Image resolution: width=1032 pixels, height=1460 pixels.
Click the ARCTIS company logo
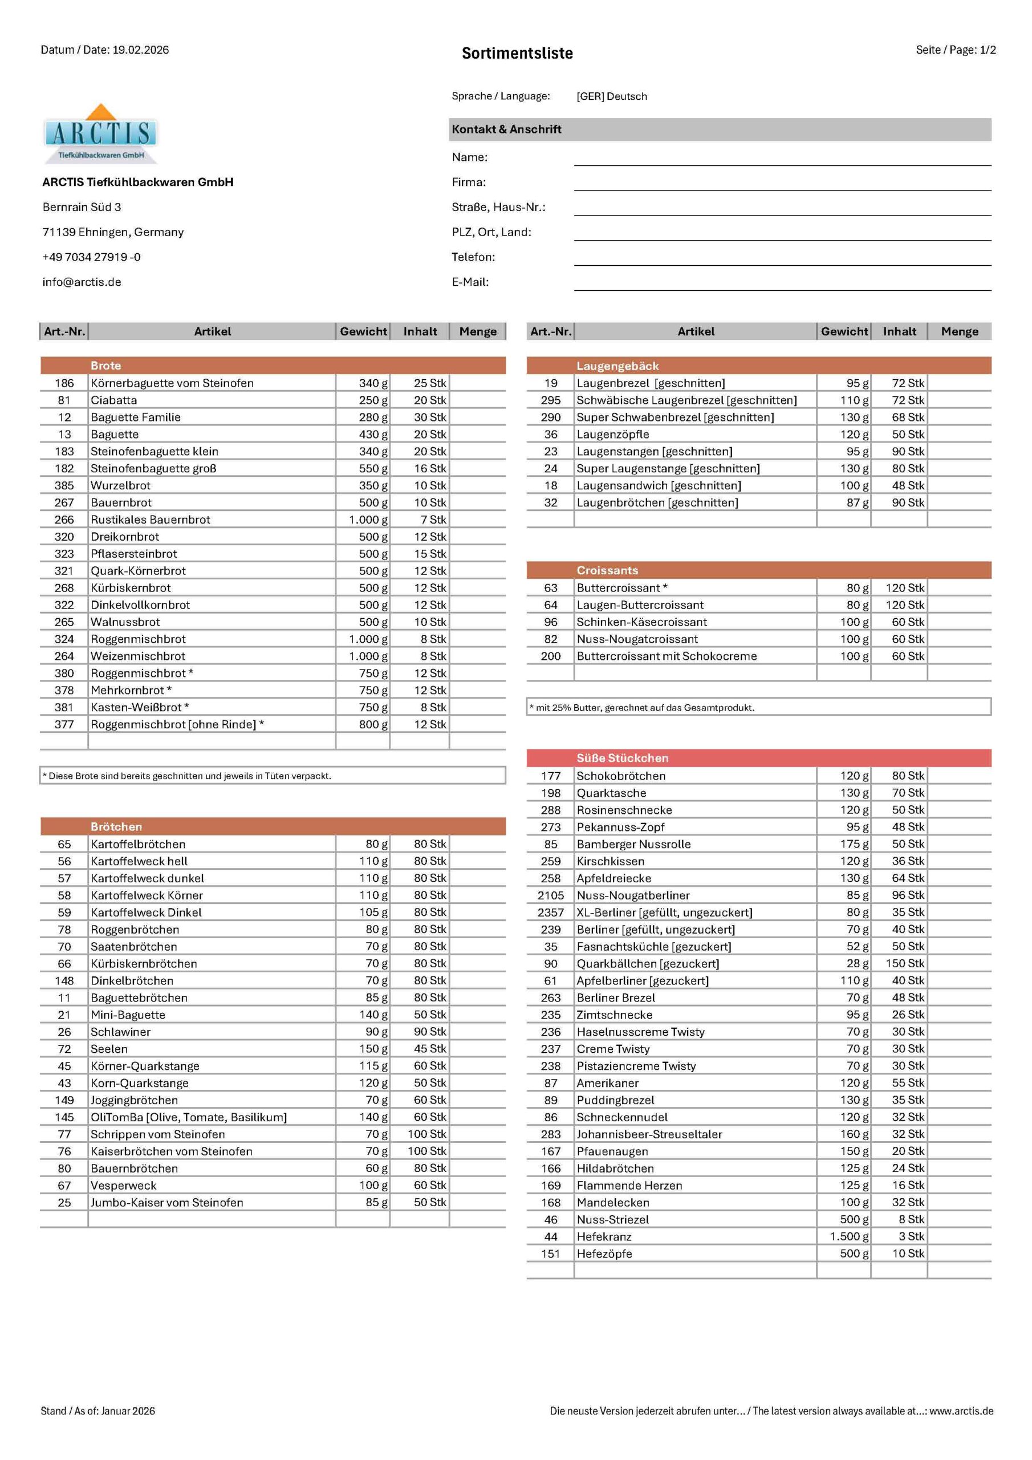point(100,133)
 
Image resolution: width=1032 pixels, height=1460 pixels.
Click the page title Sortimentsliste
point(517,54)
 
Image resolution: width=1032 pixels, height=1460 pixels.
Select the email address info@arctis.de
point(82,282)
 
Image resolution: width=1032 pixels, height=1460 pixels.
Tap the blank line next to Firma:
point(782,183)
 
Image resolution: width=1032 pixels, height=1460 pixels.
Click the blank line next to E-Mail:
point(782,283)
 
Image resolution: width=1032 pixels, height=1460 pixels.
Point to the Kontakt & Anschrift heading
point(507,129)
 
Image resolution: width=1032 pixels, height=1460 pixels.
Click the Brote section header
point(105,366)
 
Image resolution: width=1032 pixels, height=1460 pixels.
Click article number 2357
point(551,912)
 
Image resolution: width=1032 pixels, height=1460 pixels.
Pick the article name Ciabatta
point(114,400)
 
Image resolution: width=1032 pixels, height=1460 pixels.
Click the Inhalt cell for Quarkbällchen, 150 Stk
point(905,963)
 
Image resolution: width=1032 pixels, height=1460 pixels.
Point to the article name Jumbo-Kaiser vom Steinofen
point(166,1202)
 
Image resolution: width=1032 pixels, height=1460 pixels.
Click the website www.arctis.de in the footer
point(961,1411)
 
